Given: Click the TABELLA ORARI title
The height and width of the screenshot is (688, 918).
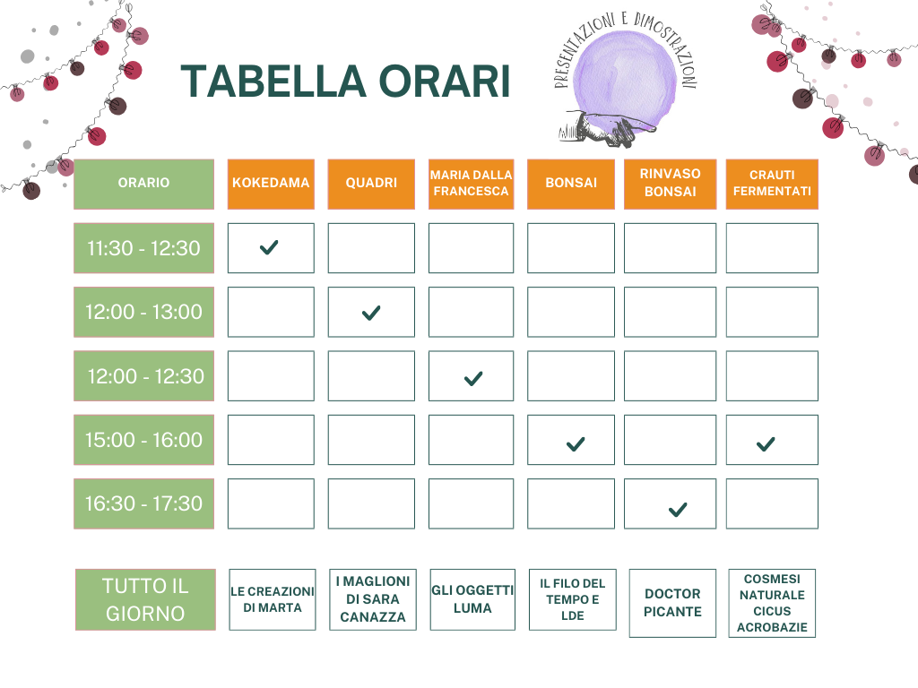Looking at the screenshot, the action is tap(345, 82).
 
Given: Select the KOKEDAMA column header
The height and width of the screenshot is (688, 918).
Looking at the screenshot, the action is tap(271, 184).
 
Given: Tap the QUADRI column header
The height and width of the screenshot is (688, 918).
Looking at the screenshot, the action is tap(371, 184).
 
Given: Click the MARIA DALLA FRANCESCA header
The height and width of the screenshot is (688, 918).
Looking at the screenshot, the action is tap(471, 184).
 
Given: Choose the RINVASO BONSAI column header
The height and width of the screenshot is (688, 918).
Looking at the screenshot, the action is tap(670, 184).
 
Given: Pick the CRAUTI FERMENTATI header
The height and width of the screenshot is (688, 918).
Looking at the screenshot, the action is tap(772, 184).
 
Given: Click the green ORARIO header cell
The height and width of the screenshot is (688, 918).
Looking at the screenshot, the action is tap(144, 184).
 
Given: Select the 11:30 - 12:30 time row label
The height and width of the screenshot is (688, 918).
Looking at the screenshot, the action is tap(144, 248).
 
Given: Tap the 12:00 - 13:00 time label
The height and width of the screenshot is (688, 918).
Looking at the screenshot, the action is tap(144, 312).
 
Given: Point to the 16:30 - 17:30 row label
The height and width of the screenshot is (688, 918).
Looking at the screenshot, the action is tap(144, 503).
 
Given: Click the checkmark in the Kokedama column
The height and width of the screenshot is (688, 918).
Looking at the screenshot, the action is tap(269, 248).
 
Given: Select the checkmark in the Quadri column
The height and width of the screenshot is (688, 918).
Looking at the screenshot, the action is tap(371, 313).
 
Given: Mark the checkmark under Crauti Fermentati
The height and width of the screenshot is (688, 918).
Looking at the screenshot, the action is tap(766, 444).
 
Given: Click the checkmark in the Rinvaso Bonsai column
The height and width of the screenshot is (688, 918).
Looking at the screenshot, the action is tap(678, 510).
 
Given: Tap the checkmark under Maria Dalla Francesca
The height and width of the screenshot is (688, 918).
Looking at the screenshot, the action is tap(473, 379).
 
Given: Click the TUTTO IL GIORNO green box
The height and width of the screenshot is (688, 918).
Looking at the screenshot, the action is tap(145, 599).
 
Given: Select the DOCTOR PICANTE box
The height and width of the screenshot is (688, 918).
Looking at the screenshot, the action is tap(672, 603).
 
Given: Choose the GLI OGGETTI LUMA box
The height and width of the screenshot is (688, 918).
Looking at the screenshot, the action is tap(472, 599).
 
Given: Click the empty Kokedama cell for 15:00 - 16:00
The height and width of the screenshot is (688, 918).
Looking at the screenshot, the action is tap(271, 440).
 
